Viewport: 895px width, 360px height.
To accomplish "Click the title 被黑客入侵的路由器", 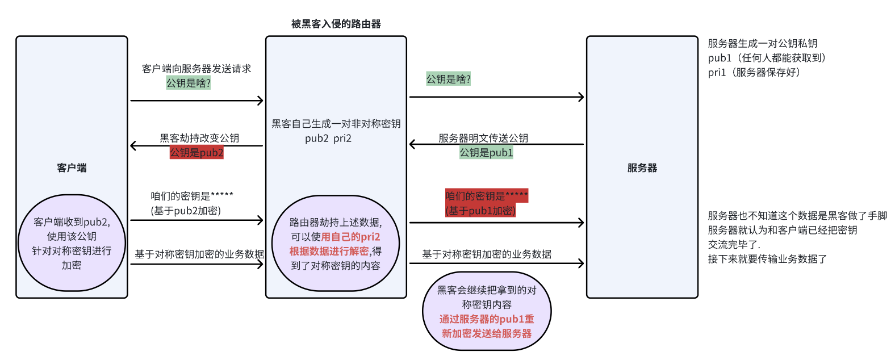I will (336, 24).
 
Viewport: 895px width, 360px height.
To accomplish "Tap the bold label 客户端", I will (72, 168).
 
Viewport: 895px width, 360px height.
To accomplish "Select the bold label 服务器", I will (642, 168).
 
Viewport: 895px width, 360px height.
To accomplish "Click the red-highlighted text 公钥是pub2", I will (196, 153).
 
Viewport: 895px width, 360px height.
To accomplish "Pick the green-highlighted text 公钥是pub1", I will (486, 153).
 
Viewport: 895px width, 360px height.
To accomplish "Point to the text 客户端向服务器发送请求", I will (196, 69).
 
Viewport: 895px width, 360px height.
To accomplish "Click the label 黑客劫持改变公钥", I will (199, 138).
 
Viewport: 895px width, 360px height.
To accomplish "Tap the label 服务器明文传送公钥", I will (483, 138).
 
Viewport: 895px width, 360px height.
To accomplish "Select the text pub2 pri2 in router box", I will (328, 139).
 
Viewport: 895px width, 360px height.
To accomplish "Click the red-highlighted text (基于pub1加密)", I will (480, 211).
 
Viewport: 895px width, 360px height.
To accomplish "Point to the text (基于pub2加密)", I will (186, 211).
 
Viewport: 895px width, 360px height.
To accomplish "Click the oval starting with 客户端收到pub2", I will (72, 243).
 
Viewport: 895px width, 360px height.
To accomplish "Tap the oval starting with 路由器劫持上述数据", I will (336, 244).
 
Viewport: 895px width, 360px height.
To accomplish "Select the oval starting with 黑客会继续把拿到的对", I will (487, 312).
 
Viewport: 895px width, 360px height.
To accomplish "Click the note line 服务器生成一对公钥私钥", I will (762, 44).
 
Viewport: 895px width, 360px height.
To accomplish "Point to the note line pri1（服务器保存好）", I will (756, 73).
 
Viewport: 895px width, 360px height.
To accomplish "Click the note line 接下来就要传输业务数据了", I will (767, 259).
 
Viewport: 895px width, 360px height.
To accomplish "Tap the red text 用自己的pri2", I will (350, 237).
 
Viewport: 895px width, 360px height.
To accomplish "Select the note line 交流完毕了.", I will (734, 245).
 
